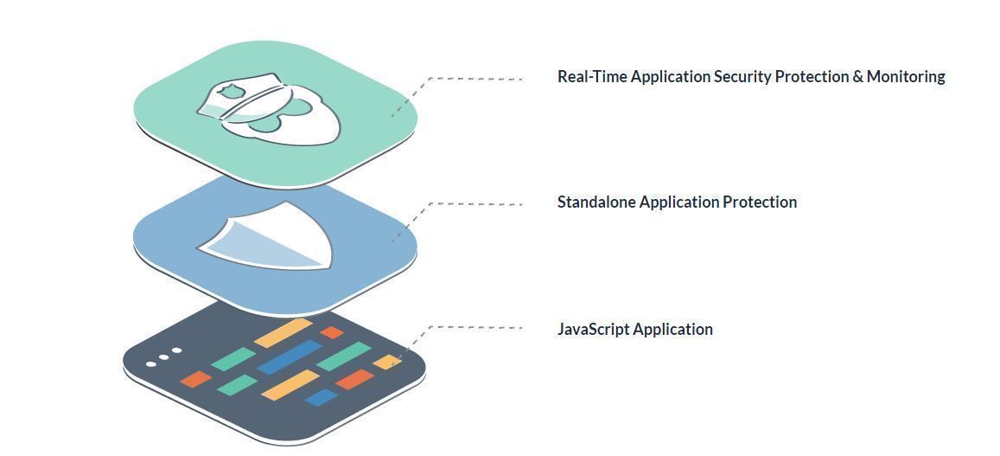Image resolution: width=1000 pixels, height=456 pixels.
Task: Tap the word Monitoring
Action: [905, 77]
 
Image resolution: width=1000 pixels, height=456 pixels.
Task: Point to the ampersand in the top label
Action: [857, 77]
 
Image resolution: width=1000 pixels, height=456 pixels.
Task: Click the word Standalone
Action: [596, 202]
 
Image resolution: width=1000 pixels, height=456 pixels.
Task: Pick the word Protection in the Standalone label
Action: [759, 202]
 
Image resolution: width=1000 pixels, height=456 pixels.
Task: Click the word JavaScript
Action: [593, 330]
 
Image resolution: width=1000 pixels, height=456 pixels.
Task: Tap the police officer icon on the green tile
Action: [268, 111]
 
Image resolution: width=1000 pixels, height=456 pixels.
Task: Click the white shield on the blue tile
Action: [268, 236]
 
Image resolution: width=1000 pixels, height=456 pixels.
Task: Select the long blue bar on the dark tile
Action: [289, 356]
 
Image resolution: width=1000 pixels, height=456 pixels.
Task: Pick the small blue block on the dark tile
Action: [321, 397]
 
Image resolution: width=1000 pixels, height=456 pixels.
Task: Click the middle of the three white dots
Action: [163, 356]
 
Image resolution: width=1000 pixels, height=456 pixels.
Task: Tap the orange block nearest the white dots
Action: [195, 379]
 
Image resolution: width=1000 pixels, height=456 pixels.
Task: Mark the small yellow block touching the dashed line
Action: [386, 361]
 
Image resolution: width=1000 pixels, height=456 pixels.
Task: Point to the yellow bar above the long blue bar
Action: [283, 332]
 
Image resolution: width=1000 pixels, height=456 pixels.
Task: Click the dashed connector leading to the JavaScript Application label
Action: [475, 327]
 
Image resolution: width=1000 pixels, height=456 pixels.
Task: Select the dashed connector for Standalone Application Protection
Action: [475, 204]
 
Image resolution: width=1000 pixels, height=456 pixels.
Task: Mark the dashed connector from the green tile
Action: [475, 79]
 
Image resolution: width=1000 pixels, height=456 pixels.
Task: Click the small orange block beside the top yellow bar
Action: [332, 332]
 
